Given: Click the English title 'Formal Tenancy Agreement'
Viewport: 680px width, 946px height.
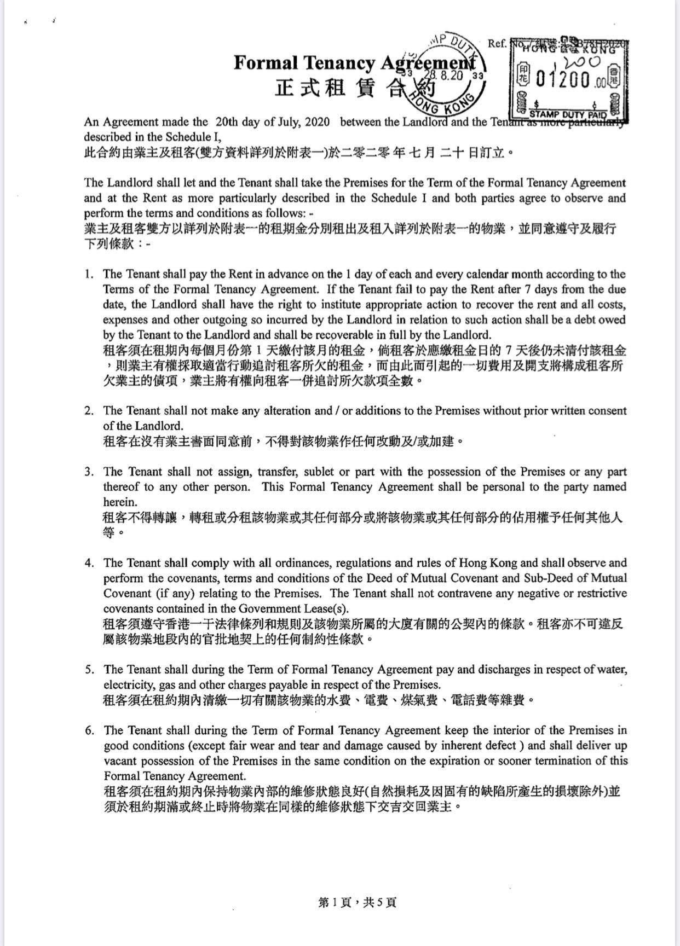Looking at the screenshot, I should click(353, 63).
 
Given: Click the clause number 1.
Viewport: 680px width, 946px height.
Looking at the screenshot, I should click(89, 274).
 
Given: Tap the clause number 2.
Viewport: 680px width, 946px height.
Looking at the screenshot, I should click(89, 410).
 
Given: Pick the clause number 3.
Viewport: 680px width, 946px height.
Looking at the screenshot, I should click(89, 472).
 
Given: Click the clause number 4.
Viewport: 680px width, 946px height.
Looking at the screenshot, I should click(89, 563).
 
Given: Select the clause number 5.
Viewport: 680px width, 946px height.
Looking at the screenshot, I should click(89, 669).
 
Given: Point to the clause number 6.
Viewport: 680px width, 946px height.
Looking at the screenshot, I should click(89, 730).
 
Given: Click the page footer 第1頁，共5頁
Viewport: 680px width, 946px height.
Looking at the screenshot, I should click(356, 903).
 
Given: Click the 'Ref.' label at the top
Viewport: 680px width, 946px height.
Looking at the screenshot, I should click(497, 43).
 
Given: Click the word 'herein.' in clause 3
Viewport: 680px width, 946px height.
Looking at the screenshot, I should click(120, 502).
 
